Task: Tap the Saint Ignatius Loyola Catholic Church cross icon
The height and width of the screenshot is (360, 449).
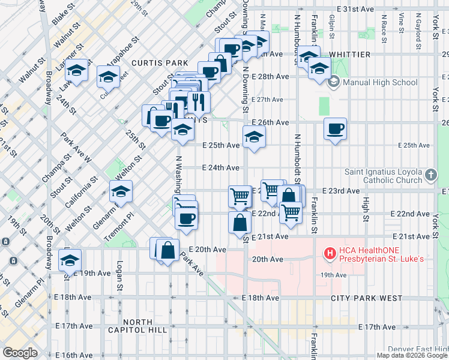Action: tap(430, 175)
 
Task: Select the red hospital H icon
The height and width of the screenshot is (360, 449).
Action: tap(329, 254)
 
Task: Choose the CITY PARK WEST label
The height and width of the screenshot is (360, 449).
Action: tap(367, 298)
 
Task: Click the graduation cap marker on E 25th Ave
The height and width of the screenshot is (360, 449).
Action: tap(254, 137)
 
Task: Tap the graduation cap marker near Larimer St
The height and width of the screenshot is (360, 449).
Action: tap(77, 71)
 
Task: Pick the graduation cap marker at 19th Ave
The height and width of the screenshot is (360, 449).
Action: tap(70, 261)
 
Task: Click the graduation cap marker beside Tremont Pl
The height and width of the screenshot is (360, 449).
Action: tap(121, 192)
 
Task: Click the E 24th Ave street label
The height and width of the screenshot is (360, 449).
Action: tap(221, 168)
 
